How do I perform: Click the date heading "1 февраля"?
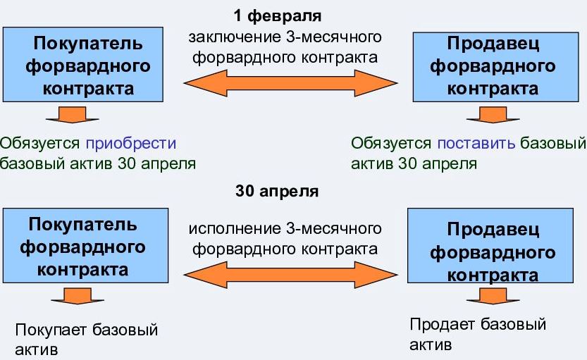(x=278, y=16)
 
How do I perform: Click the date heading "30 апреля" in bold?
(x=277, y=191)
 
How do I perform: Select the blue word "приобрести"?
(x=131, y=143)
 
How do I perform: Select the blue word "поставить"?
(x=476, y=143)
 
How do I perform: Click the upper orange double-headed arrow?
(x=291, y=83)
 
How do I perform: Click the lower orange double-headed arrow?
(x=291, y=275)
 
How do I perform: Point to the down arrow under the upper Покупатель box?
(x=73, y=115)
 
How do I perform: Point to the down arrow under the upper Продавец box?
(x=493, y=115)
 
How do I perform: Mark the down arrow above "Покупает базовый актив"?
(x=78, y=296)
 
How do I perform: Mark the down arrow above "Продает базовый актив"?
(x=493, y=296)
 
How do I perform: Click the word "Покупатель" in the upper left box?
(x=88, y=44)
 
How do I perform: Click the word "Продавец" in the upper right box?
(x=493, y=44)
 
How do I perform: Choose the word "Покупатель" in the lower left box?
(x=82, y=225)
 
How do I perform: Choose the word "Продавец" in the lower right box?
(x=493, y=229)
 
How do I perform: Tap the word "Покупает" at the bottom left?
(x=51, y=330)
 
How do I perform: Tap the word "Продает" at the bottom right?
(x=442, y=325)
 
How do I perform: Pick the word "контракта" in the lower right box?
(x=493, y=275)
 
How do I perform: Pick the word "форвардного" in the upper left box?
(x=88, y=67)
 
